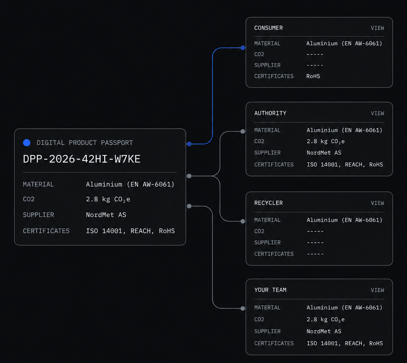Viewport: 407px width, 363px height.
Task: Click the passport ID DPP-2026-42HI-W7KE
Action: click(81, 159)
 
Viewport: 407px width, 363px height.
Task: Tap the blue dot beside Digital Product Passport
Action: click(27, 143)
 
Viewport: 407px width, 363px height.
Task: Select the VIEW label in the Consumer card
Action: click(377, 28)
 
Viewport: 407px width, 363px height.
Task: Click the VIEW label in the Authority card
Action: click(377, 114)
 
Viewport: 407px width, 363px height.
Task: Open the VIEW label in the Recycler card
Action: click(377, 203)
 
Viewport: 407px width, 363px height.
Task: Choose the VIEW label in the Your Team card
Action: click(377, 290)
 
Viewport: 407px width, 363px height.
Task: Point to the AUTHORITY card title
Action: click(270, 113)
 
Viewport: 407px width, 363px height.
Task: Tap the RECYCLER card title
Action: click(269, 203)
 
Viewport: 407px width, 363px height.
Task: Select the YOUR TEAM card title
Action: click(270, 290)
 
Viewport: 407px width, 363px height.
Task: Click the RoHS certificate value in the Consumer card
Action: click(313, 76)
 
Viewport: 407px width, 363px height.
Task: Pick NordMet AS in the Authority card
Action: click(324, 152)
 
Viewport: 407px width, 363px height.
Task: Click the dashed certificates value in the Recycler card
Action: click(315, 254)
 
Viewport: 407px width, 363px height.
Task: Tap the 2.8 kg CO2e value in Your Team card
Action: click(326, 320)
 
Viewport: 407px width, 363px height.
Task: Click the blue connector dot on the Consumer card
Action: click(243, 48)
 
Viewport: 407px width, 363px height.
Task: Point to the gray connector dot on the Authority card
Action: click(243, 131)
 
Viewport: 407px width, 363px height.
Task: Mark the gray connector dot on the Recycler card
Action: click(243, 221)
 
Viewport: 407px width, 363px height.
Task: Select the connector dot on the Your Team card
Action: click(243, 309)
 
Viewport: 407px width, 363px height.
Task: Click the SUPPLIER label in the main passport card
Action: click(38, 215)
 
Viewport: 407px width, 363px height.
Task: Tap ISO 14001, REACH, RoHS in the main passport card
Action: click(130, 231)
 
